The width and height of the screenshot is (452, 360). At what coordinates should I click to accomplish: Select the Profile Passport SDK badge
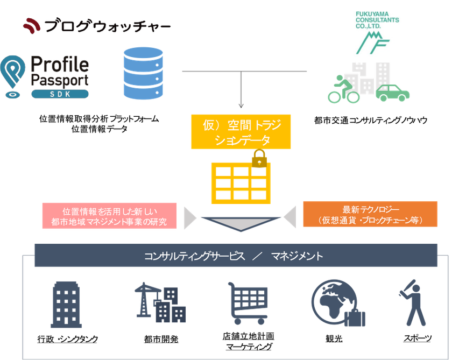pos(45,79)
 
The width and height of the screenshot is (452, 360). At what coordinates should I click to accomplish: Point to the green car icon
pos(392,93)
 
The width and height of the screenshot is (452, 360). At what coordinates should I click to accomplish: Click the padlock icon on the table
pos(259,159)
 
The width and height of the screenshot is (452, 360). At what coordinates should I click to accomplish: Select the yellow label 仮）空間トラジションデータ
pos(241,131)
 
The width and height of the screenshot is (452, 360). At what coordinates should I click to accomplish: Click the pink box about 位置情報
pos(109,215)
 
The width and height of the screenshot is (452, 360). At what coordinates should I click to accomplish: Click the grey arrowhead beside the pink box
pos(189,217)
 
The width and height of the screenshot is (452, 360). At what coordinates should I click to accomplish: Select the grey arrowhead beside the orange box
pos(290,217)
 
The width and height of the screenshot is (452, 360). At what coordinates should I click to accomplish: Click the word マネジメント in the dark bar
pos(297,256)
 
